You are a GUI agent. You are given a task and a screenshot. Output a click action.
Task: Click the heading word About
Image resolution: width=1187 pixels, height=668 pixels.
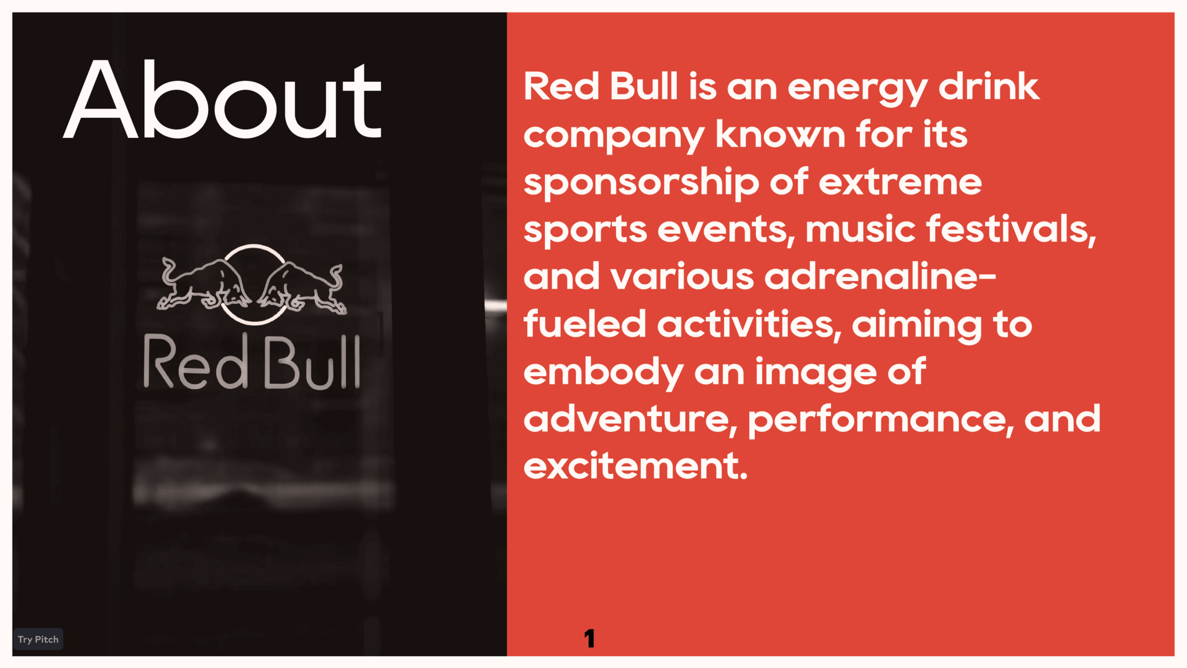222,100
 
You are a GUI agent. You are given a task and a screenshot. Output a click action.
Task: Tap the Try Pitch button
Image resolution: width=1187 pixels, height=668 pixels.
38,639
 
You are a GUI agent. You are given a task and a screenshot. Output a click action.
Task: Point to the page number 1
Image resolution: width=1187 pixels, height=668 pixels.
589,638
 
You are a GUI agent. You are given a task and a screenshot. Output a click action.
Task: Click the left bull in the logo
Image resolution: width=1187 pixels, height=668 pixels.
203,285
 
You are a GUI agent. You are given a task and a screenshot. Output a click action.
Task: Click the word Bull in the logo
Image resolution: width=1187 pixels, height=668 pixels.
312,361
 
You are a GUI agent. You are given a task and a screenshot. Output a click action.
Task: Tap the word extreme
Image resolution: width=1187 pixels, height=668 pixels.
900,183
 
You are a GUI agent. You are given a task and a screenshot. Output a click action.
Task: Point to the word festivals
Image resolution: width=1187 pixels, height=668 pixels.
1011,229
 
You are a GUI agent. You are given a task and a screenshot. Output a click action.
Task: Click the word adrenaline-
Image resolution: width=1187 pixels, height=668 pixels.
880,276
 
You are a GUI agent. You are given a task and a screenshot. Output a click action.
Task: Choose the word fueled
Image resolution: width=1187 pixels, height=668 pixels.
585,324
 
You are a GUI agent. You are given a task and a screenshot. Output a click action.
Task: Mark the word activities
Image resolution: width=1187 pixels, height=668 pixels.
749,325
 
